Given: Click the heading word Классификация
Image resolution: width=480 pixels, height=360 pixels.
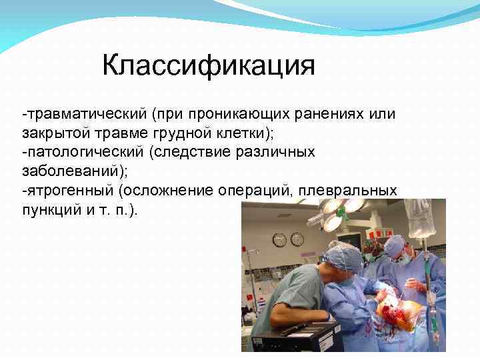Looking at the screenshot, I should click(x=208, y=67).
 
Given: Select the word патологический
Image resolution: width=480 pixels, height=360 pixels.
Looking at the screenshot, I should click(x=81, y=152).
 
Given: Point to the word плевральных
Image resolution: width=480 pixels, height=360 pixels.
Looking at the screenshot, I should click(x=348, y=191).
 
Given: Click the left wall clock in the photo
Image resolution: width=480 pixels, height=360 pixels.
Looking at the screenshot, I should click(x=280, y=239).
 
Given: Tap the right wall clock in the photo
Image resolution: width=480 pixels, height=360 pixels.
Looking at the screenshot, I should click(x=297, y=239).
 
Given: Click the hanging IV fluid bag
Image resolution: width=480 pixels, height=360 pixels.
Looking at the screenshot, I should click(x=420, y=220).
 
